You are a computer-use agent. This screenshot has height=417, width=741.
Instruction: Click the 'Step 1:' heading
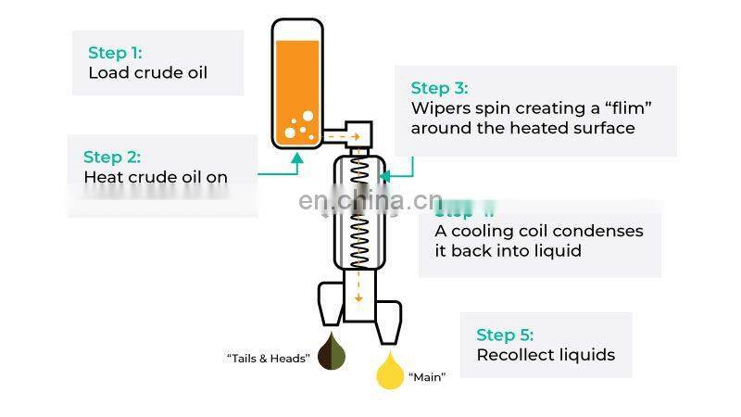115,53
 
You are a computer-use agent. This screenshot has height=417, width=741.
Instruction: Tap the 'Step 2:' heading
111,157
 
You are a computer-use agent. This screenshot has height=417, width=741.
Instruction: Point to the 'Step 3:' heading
439,88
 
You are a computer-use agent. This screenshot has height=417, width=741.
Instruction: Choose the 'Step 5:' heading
505,335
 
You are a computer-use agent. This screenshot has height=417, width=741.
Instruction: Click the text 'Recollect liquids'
546,355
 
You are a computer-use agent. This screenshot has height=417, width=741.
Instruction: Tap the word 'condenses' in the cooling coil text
596,231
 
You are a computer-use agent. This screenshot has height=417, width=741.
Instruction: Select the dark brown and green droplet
333,353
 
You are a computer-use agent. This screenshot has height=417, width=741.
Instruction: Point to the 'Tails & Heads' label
268,358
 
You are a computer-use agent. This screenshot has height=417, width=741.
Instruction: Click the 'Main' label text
427,377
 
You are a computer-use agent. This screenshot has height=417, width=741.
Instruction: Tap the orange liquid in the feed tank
296,83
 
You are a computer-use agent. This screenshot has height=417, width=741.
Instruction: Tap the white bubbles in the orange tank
300,125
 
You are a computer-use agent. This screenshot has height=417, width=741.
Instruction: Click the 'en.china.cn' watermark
370,201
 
